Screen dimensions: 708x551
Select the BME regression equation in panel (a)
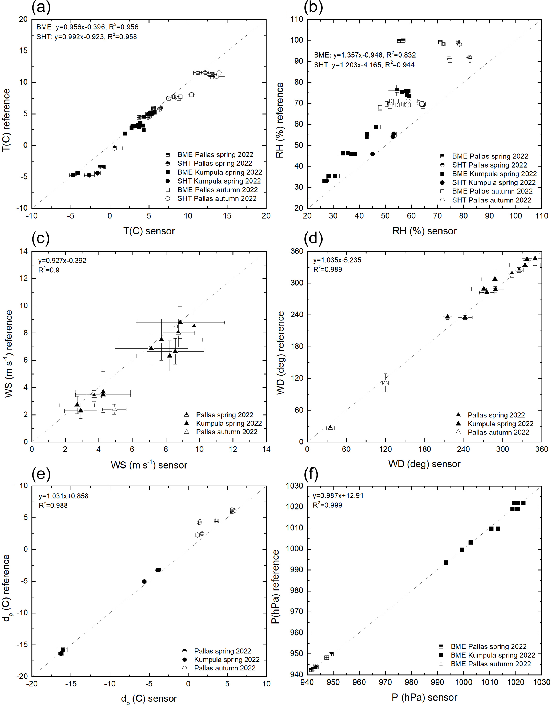click(87, 27)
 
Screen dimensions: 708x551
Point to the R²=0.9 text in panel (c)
click(49, 270)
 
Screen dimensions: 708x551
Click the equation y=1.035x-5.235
click(337, 260)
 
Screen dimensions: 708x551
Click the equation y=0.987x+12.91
click(338, 495)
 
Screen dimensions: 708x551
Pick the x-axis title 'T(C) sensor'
click(149, 231)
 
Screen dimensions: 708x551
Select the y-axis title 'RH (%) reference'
click(279, 120)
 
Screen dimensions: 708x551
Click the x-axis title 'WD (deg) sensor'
click(424, 464)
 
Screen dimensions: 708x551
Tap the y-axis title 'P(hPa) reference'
click(275, 587)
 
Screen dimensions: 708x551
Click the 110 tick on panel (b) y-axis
click(297, 19)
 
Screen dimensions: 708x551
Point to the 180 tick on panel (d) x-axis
click(424, 449)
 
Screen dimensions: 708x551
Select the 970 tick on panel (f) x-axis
click(385, 682)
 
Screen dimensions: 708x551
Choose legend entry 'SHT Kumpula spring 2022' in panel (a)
click(219, 181)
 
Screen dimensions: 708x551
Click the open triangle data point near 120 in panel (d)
click(385, 382)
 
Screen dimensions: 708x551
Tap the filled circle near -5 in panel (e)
click(144, 581)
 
